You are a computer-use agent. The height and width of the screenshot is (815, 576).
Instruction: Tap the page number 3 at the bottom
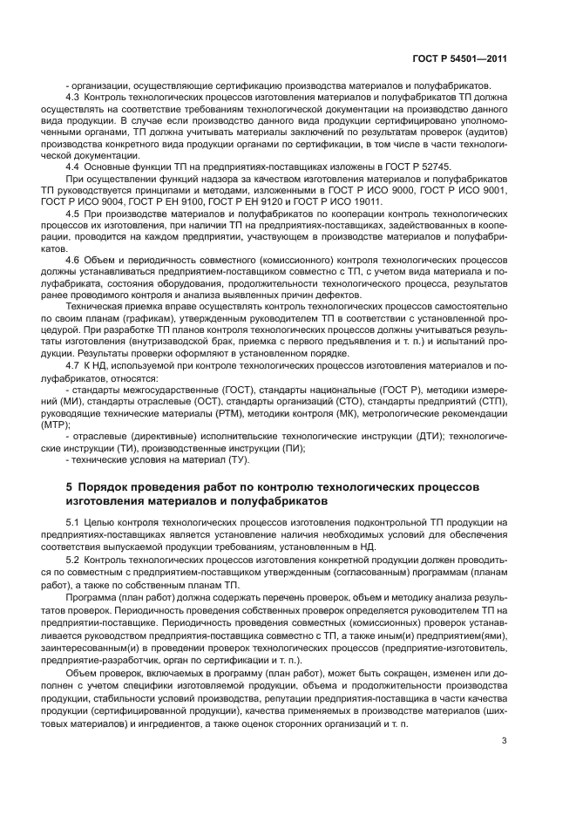point(503,742)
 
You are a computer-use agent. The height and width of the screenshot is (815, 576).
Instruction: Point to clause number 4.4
point(72,165)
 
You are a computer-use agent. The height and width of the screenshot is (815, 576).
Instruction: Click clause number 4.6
point(72,261)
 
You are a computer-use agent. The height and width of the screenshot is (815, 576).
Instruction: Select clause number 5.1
point(72,521)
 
